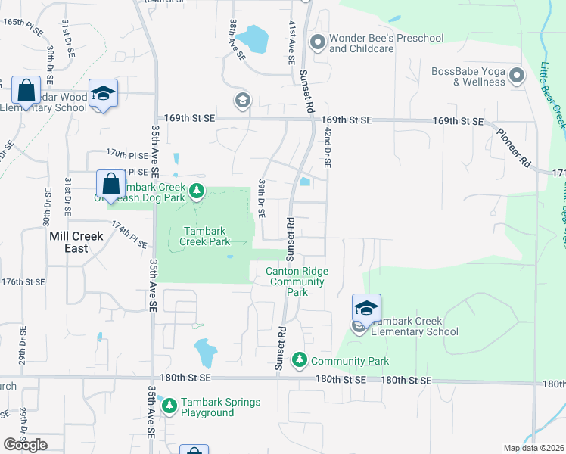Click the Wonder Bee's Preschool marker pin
[317, 42]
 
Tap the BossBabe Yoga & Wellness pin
[518, 75]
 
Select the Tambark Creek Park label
[204, 236]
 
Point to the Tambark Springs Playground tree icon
[169, 406]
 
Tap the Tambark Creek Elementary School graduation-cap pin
[366, 308]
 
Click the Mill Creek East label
[76, 236]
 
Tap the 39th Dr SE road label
[261, 199]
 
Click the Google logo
[25, 444]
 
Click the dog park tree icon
[197, 190]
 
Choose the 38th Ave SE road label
[238, 40]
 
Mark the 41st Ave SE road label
[291, 37]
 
